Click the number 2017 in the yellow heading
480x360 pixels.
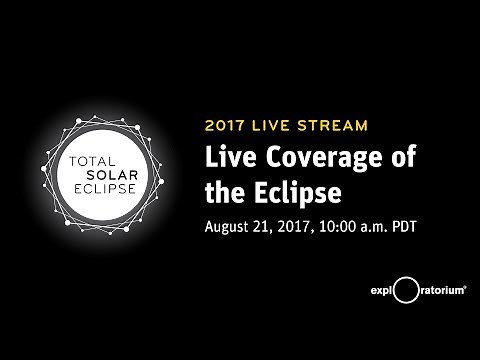pyautogui.click(x=226, y=126)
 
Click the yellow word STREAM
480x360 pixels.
pyautogui.click(x=336, y=126)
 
